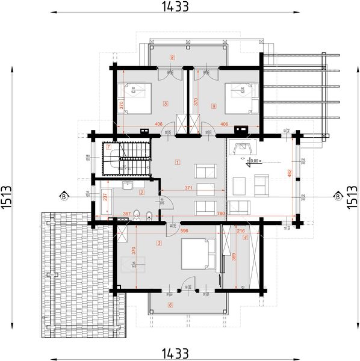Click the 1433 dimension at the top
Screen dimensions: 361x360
click(x=175, y=7)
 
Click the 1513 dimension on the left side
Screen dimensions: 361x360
click(x=7, y=196)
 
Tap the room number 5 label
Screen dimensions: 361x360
click(x=165, y=103)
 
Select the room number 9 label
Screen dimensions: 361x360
click(x=214, y=106)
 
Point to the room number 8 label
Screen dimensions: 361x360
click(x=173, y=58)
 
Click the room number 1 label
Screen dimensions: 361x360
click(x=178, y=161)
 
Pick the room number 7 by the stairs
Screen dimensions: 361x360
click(x=108, y=146)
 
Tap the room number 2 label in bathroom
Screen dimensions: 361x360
click(x=141, y=193)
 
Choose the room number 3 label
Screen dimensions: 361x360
click(x=159, y=243)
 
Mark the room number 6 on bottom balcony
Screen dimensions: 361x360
click(x=170, y=305)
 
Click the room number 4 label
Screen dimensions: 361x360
click(x=245, y=237)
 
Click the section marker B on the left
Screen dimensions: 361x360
click(x=63, y=196)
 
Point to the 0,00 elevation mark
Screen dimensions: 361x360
click(x=253, y=161)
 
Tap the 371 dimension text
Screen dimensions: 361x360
click(x=189, y=188)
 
